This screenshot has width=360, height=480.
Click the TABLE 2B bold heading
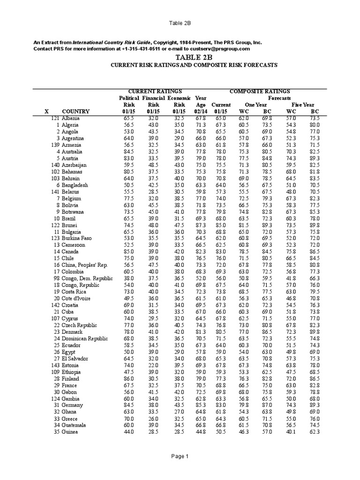pyautogui.click(x=180, y=57)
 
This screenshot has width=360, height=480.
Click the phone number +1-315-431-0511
pyautogui.click(x=143, y=49)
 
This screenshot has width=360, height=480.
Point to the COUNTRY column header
pyautogui.click(x=75, y=112)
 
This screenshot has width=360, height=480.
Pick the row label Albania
pyautogui.click(x=71, y=119)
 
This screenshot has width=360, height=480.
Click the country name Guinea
pyautogui.click(x=71, y=432)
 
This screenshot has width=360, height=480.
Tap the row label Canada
pyautogui.click(x=71, y=252)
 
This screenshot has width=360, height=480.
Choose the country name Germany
pyautogui.click(x=73, y=405)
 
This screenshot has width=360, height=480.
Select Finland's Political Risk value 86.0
pyautogui.click(x=128, y=378)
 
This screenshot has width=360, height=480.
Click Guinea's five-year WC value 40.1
pyautogui.click(x=291, y=432)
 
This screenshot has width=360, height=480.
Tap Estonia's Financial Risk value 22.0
pyautogui.click(x=153, y=365)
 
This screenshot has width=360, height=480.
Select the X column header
pyautogui.click(x=46, y=112)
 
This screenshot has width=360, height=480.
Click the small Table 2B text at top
pyautogui.click(x=180, y=22)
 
